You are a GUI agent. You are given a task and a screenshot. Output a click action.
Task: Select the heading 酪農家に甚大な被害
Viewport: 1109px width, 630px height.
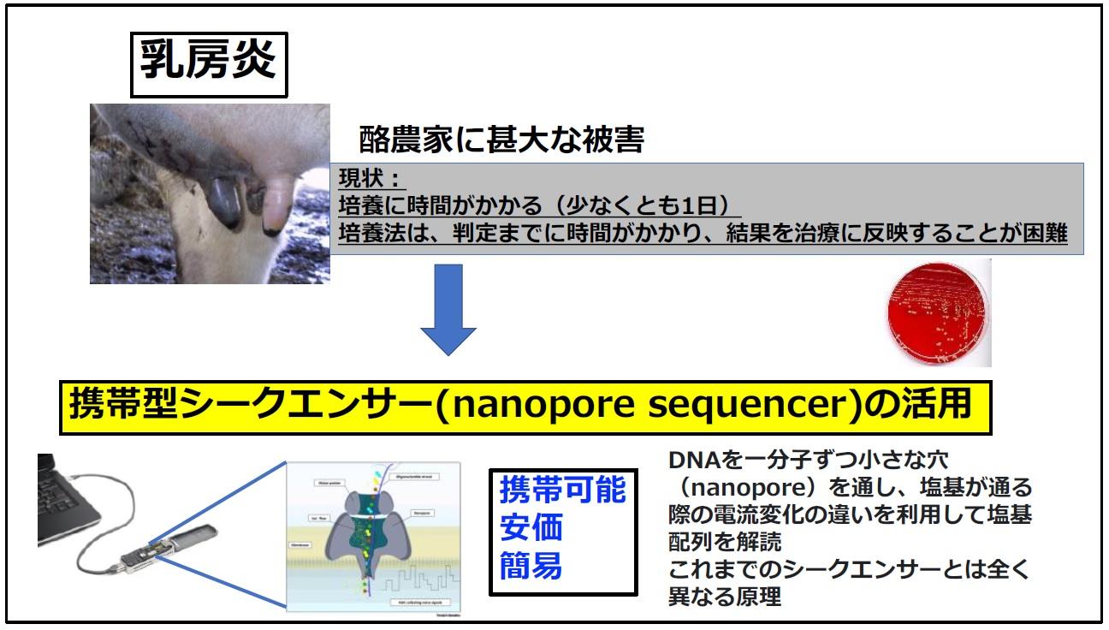tap(501, 140)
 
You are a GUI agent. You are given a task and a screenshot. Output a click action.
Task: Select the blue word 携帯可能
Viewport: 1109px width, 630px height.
tap(562, 491)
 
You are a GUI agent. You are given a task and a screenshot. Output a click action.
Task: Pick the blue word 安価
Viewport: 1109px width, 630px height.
tap(531, 529)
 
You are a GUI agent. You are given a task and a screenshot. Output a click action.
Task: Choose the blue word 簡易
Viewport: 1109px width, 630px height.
tap(531, 566)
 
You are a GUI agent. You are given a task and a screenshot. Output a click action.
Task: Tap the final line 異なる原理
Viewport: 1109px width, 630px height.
tap(725, 597)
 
